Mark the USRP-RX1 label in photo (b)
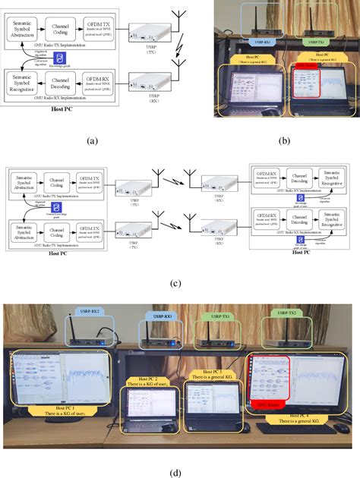(x=262, y=42)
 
